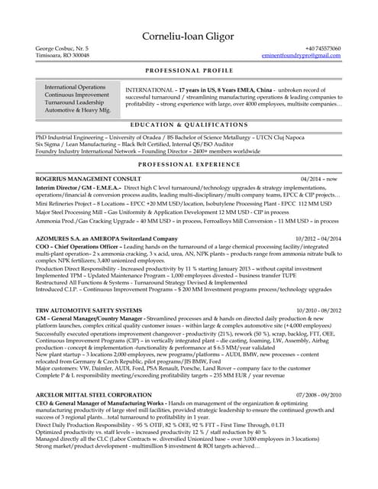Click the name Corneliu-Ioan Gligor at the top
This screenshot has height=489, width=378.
pyautogui.click(x=189, y=36)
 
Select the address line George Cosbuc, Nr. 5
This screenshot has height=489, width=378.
pyautogui.click(x=63, y=49)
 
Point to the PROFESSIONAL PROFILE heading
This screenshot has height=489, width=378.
pyautogui.click(x=189, y=69)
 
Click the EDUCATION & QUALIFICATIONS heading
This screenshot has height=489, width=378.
pyautogui.click(x=189, y=124)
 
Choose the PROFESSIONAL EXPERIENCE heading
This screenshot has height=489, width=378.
pyautogui.click(x=189, y=164)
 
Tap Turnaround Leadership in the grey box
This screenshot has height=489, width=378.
pyautogui.click(x=75, y=102)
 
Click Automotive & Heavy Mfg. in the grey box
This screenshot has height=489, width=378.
pyautogui.click(x=77, y=111)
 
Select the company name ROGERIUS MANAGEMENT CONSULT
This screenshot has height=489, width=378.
pyautogui.click(x=89, y=178)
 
